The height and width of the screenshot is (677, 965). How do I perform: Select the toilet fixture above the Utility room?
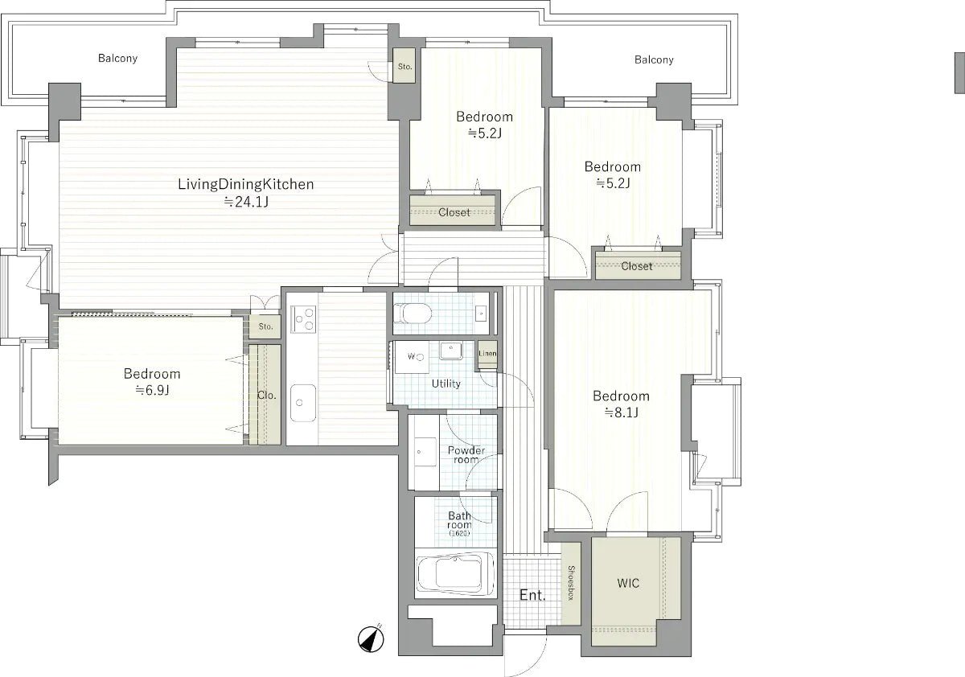[417, 314]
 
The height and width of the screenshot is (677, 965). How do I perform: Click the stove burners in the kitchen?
[303, 320]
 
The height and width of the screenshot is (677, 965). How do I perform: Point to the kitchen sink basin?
[303, 401]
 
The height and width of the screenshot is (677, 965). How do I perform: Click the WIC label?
[629, 583]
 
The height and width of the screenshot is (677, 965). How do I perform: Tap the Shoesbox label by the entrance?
[572, 584]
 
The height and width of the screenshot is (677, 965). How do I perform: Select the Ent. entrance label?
[532, 596]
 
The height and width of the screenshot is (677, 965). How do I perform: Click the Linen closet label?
[487, 354]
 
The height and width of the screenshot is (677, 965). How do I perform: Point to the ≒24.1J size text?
[245, 202]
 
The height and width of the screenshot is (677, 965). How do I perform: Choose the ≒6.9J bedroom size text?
[152, 390]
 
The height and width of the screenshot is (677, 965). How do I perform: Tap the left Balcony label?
[117, 58]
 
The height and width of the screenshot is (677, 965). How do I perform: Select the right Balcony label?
[654, 59]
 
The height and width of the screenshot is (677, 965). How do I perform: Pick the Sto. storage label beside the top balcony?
[404, 67]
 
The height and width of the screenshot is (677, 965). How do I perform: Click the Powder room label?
[466, 454]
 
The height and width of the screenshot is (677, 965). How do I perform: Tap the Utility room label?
[446, 384]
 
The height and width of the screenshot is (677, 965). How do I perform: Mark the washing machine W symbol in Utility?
[411, 356]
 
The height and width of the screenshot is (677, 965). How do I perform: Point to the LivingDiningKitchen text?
[245, 185]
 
